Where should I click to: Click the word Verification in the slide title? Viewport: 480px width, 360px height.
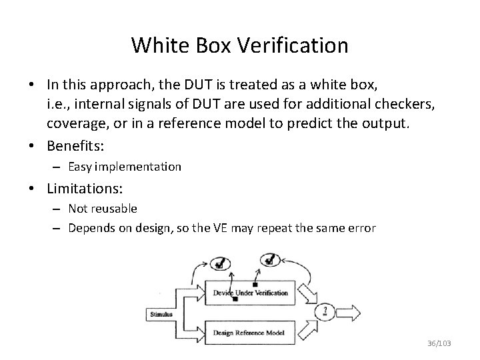pos(293,45)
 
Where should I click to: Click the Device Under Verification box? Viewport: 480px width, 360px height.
pos(250,293)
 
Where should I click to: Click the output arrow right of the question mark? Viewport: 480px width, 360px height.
pos(353,312)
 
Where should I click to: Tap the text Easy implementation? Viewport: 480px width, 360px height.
pos(125,167)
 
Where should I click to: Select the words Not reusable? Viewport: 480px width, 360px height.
pos(103,209)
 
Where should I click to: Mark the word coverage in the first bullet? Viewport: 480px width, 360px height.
pos(75,124)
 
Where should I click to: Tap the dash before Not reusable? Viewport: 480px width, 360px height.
pos(58,209)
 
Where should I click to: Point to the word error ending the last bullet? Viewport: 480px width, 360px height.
pos(362,228)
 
